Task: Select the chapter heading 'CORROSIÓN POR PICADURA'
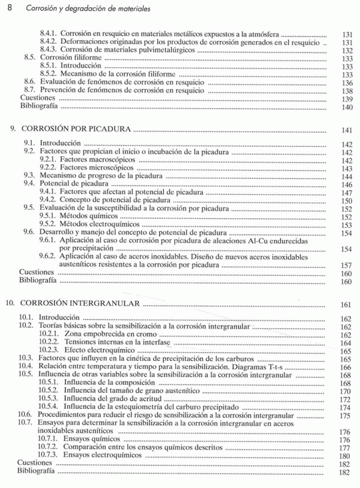77,129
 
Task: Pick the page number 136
345,83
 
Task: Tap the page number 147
345,192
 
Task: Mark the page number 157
345,264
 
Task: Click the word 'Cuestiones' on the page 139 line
38,97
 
